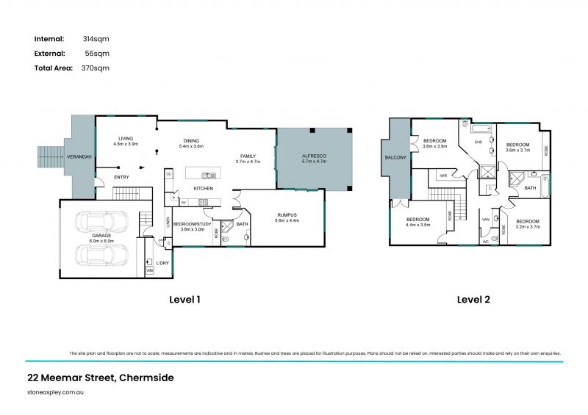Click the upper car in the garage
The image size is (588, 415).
click(x=99, y=222)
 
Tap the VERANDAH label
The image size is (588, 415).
click(x=79, y=156)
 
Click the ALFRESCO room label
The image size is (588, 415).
click(x=314, y=156)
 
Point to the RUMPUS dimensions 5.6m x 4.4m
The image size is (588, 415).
click(x=287, y=220)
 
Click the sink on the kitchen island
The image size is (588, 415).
click(x=209, y=175)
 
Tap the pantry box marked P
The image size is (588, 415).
click(x=173, y=197)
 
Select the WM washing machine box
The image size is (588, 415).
click(x=149, y=271)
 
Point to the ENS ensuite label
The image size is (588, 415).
click(x=477, y=142)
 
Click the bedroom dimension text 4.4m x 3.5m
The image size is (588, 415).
click(x=417, y=225)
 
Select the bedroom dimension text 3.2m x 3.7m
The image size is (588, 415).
click(x=527, y=226)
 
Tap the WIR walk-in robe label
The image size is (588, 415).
click(x=443, y=176)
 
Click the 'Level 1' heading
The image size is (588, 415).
click(x=184, y=300)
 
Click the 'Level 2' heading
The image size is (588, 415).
click(x=473, y=300)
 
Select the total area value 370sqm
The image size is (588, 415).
click(x=96, y=68)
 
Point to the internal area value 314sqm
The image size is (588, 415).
click(x=96, y=38)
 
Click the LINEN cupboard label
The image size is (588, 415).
click(x=168, y=221)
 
